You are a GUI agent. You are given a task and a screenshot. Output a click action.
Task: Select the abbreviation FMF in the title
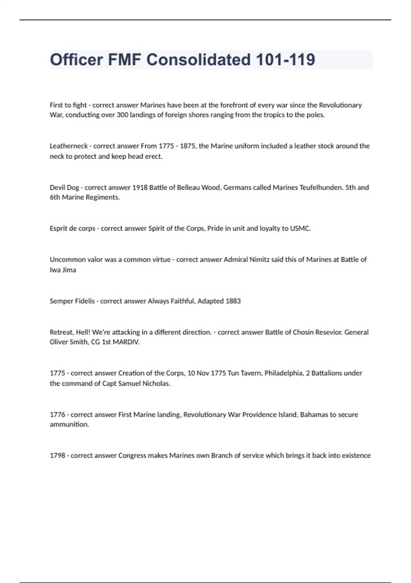124,60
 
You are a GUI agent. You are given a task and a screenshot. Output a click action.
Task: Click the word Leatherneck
69,146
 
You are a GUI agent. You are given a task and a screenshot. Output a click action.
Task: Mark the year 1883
233,301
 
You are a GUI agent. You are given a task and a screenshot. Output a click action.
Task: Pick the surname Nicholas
155,383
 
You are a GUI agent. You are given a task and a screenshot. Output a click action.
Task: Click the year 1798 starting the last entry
58,456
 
